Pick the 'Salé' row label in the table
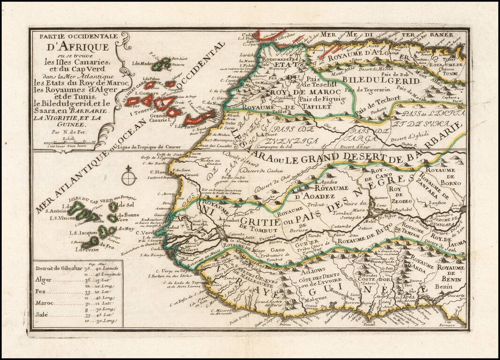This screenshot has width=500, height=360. coord(42,314)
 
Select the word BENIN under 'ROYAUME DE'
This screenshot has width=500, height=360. coord(446,285)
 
